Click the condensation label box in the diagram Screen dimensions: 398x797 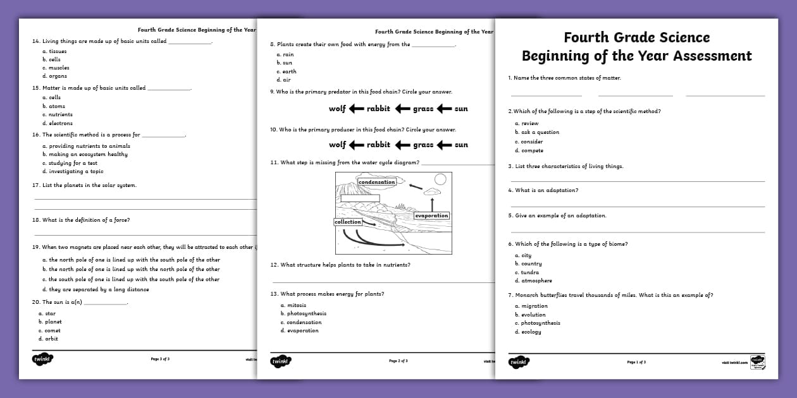tap(376, 182)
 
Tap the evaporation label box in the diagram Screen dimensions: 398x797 tap(431, 216)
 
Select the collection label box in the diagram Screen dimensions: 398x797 tap(348, 222)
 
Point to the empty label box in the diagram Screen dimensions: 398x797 tap(360, 198)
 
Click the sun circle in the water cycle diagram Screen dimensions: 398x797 tap(440, 179)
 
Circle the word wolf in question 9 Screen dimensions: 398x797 tap(337, 109)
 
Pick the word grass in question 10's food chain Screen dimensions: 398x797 tap(423, 145)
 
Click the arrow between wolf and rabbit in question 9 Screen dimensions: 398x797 tap(357, 109)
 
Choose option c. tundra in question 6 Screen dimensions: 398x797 tap(527, 272)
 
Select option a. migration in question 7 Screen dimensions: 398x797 tap(531, 306)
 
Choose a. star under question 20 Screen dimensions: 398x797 tap(47, 313)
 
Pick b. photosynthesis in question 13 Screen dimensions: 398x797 tap(303, 313)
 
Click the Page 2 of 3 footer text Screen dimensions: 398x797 tap(398, 361)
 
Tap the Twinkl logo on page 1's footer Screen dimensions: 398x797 tap(519, 362)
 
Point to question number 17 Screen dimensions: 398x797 tap(36, 185)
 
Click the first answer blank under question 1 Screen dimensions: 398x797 tap(546, 95)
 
